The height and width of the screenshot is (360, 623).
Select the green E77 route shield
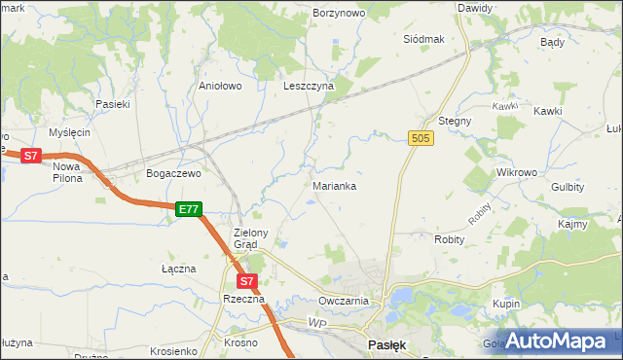[x=189, y=209]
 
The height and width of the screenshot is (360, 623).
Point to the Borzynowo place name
[x=338, y=14]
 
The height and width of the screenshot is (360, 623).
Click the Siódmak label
[x=423, y=39]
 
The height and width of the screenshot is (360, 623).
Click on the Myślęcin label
[x=69, y=132]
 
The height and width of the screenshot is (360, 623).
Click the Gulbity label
[x=568, y=186]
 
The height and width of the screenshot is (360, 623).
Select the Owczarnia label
[x=343, y=301]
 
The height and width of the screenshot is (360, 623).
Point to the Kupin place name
[x=506, y=305]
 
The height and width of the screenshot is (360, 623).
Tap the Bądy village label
[x=552, y=43]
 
